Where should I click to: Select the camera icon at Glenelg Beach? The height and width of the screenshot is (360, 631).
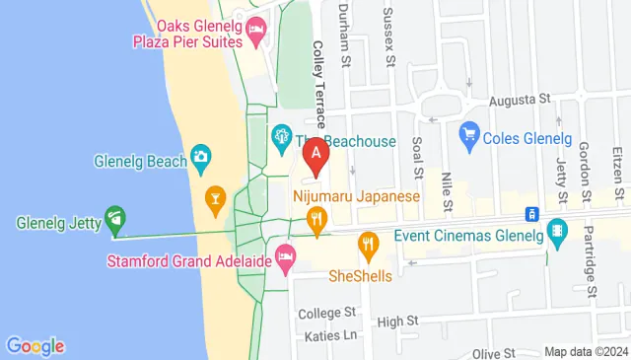tap(201, 156)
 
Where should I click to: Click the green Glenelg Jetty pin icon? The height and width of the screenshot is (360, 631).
tap(114, 216)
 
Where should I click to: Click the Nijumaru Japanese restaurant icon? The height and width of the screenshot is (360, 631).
tap(315, 221)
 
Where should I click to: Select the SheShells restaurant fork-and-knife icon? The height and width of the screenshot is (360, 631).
tap(368, 243)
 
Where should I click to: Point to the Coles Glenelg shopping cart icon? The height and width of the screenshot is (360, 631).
tap(469, 131)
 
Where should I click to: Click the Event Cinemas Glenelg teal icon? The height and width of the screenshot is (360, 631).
tap(559, 234)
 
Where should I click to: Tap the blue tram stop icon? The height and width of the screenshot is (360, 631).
tap(530, 214)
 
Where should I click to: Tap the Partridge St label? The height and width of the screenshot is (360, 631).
tap(591, 265)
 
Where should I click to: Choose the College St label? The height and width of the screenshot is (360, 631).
tap(325, 313)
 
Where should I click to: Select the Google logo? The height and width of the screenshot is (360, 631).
tap(35, 346)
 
